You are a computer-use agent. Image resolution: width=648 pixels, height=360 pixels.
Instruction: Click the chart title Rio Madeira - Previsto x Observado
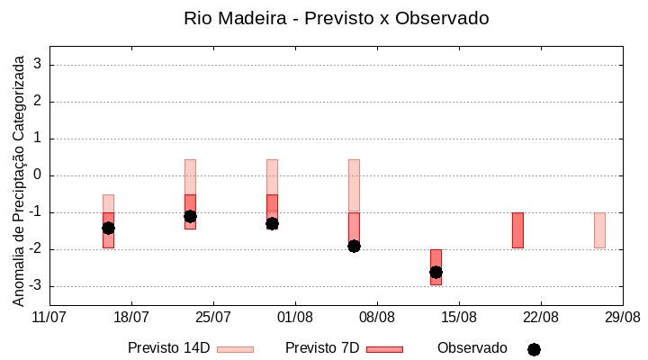point(336,18)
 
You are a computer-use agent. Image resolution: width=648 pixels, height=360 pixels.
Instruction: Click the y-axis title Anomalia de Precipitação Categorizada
point(18,177)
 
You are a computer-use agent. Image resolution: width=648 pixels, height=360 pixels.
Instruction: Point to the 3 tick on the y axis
point(38,65)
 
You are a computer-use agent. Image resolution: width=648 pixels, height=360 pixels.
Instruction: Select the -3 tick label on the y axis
point(35,286)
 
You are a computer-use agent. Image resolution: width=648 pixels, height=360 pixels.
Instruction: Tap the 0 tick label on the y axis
point(38,175)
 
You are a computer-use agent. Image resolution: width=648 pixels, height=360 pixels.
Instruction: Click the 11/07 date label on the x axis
point(49,318)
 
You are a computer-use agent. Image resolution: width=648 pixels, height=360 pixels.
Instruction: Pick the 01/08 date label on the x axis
point(295,318)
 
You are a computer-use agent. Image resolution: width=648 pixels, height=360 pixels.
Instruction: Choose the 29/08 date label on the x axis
point(622,318)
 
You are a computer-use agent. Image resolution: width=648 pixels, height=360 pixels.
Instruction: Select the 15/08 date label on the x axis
point(459,318)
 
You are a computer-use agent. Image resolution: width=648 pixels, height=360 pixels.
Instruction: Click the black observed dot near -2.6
point(436,272)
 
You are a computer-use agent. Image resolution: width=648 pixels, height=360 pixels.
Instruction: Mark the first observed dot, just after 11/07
point(108,228)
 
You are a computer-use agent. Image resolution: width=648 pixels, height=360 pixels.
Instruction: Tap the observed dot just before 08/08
point(354,246)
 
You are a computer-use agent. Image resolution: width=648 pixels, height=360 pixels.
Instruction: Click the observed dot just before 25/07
point(190,216)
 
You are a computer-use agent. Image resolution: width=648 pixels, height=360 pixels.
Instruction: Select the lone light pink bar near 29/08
point(599,230)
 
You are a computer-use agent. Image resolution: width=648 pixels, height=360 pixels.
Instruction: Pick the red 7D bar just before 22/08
point(517,230)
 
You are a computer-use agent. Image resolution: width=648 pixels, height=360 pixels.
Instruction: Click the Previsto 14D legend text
point(168,348)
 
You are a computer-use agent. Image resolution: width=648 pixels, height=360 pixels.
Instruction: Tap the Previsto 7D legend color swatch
point(384,349)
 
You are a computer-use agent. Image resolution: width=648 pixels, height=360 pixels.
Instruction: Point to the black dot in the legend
point(534,349)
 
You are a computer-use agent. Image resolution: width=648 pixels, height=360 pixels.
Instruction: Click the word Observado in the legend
point(472,348)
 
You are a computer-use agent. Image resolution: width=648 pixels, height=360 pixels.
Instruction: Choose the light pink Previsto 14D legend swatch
point(235,349)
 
